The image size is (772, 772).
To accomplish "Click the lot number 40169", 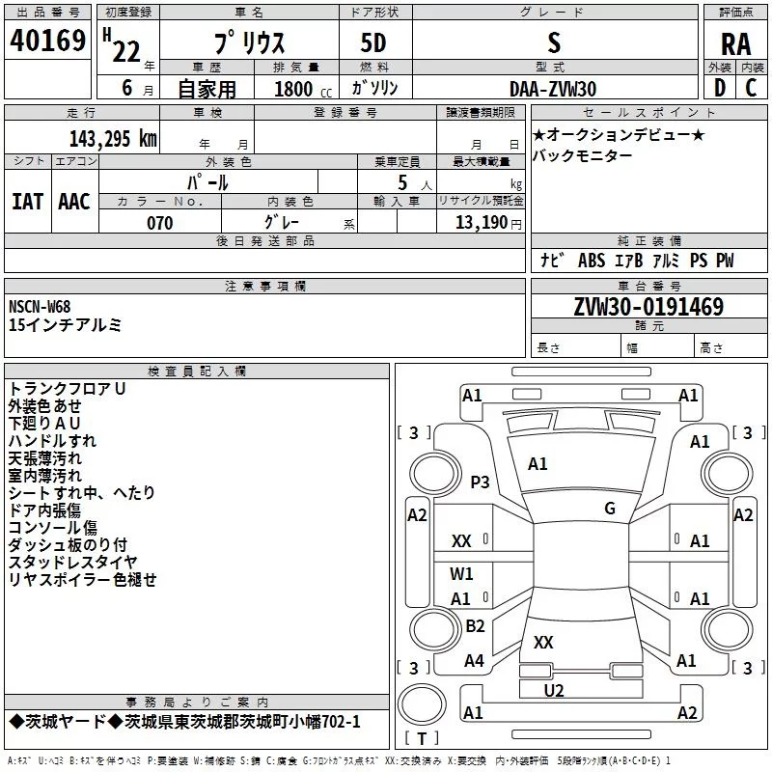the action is click(x=47, y=40).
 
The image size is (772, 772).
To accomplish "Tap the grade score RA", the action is click(x=735, y=44).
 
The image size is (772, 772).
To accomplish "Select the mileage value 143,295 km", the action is click(x=113, y=138).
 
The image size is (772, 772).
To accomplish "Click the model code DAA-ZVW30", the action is click(x=553, y=89).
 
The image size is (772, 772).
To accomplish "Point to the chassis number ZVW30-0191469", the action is click(x=648, y=306).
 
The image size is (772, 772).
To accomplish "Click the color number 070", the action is click(x=159, y=223).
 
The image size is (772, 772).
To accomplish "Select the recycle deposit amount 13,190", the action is click(x=481, y=223).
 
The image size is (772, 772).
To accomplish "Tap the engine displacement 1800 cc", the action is click(x=303, y=89).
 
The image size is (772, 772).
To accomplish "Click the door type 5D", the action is click(x=373, y=42).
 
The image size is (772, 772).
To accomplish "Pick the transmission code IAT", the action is click(x=27, y=202).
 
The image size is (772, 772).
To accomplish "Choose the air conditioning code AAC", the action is click(x=74, y=202).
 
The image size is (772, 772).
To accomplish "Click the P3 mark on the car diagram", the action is click(x=480, y=482).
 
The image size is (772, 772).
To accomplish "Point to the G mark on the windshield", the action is click(x=610, y=508).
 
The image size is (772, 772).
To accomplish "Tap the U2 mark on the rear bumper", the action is click(x=553, y=690).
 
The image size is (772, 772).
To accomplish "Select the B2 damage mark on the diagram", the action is click(x=475, y=625).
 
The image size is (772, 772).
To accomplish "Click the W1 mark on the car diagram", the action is click(x=461, y=573).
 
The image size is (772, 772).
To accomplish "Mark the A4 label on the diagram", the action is click(x=474, y=660).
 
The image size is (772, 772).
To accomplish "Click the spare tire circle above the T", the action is click(x=422, y=704).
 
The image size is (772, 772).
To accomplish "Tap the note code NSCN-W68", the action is click(x=40, y=306).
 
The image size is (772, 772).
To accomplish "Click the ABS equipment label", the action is click(x=592, y=260).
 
